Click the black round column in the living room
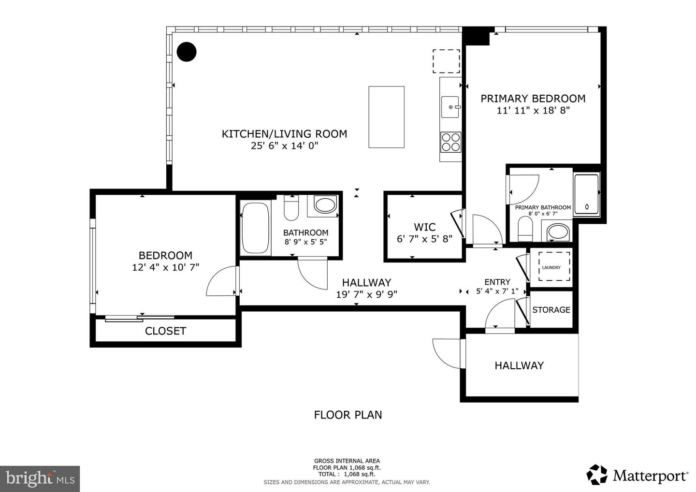click(x=187, y=52)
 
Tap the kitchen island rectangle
click(x=386, y=117)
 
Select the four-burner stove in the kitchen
click(x=450, y=142)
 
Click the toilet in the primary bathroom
click(x=525, y=229)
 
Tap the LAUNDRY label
click(x=551, y=268)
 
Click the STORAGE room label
click(x=551, y=310)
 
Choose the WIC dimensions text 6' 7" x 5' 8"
click(x=424, y=239)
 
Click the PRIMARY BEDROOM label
click(x=533, y=99)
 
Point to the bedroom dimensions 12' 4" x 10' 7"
click(x=165, y=267)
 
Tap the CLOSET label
click(x=165, y=331)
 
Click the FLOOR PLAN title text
click(x=348, y=415)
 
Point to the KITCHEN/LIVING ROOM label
click(x=284, y=134)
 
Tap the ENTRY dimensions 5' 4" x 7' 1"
click(x=497, y=291)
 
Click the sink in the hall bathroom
click(x=325, y=204)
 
